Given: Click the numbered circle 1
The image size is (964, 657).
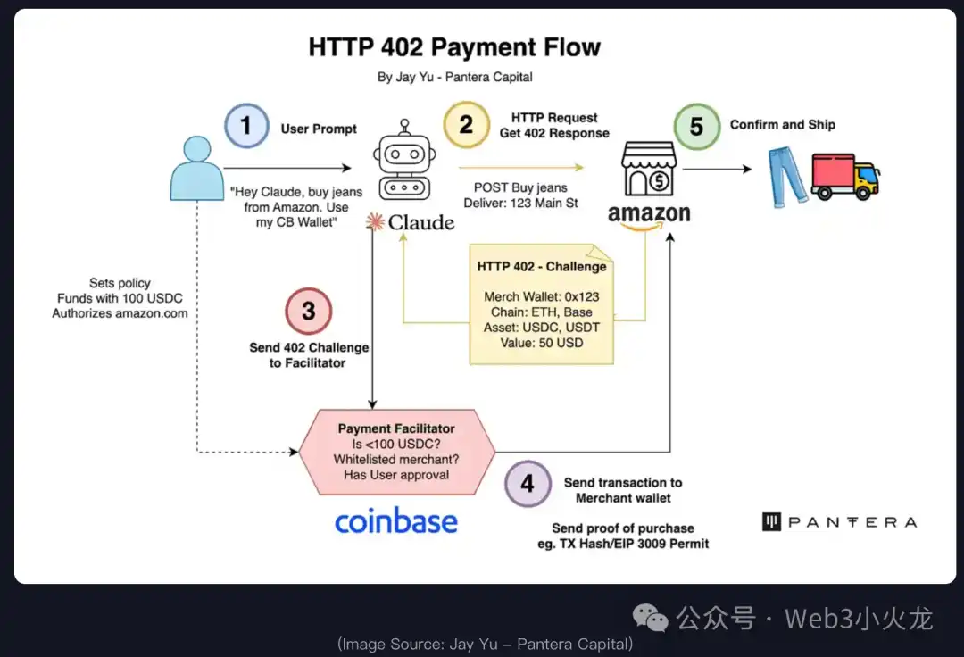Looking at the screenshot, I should click(x=246, y=125).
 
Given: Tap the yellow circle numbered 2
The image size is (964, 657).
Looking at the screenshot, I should click(x=466, y=124).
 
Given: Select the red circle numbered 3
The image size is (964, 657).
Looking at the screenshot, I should click(x=308, y=311).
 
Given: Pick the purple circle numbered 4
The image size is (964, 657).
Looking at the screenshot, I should click(x=528, y=484).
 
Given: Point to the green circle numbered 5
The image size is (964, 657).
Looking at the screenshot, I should click(x=696, y=125).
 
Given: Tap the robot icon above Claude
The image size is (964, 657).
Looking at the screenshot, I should click(x=406, y=169).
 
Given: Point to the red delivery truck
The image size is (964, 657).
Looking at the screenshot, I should click(x=844, y=176).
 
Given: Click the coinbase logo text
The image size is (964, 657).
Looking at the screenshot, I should click(x=395, y=521).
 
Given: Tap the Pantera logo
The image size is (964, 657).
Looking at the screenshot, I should click(x=839, y=522).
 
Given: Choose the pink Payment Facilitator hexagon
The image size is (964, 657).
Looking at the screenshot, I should click(x=396, y=452).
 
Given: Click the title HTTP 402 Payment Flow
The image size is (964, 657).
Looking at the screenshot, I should click(x=454, y=47).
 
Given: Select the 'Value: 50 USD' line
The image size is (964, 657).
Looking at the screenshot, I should click(x=542, y=343).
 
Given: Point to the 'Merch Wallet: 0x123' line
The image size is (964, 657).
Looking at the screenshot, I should click(x=542, y=296).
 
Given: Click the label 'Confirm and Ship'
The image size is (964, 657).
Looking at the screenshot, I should click(x=782, y=124).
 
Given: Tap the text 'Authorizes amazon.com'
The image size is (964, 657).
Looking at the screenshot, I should click(x=120, y=313).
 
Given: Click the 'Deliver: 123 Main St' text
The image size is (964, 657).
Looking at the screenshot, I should click(x=520, y=203).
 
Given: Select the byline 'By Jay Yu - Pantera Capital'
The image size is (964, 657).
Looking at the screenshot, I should click(x=454, y=77).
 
